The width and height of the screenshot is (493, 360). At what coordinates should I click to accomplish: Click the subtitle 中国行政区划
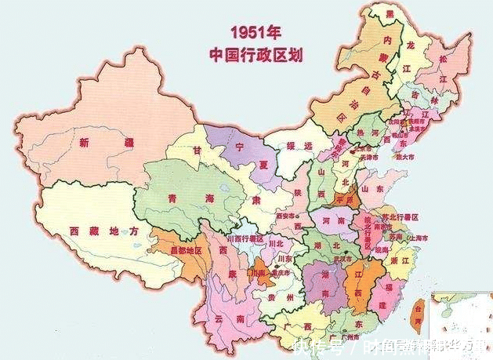(256, 54)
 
